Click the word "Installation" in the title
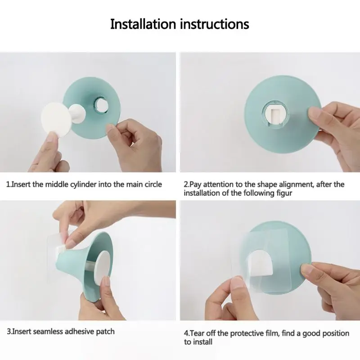pos(143,24)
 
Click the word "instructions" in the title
pos(215,24)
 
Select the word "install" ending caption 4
pos(202,342)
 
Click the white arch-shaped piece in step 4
pos(261,263)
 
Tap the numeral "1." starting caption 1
pos(9,184)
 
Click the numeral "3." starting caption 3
pos(9,332)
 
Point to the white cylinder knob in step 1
pos(77,114)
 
